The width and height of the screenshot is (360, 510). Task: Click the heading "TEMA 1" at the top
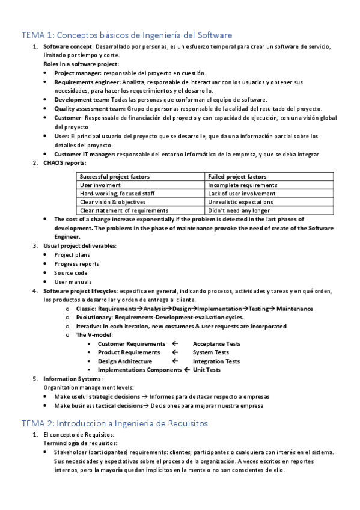pos(127,35)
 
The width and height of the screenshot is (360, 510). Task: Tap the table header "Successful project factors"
pos(115,177)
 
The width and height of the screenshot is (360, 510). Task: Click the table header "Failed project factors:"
pos(238,177)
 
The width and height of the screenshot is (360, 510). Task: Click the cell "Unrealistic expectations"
pos(240,202)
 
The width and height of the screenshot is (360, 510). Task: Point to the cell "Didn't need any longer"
pos(238,210)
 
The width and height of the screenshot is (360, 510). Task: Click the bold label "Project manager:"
pos(78,73)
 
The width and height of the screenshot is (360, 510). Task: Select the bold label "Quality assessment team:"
pos(90,109)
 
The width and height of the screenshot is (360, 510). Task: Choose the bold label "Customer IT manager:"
pos(85,155)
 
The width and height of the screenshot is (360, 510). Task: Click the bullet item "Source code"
pos(71,272)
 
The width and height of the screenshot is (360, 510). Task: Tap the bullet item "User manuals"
pos(73,281)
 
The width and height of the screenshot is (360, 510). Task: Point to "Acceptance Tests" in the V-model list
pos(216,343)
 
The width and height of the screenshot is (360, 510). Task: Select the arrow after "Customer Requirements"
pos(175,343)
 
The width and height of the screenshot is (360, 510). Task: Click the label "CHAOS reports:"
pos(65,163)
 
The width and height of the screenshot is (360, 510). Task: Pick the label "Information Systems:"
pos(73,379)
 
